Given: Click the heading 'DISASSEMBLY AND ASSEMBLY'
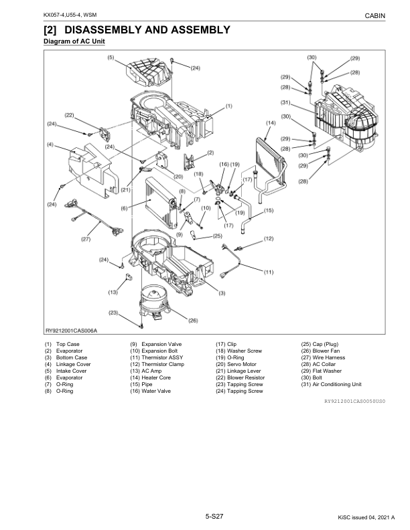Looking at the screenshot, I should pyautogui.click(x=137, y=29).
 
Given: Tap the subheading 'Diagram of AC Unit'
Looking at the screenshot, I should pyautogui.click(x=74, y=42).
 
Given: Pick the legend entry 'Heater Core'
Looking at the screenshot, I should pyautogui.click(x=156, y=377).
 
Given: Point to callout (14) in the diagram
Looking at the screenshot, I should pyautogui.click(x=271, y=123).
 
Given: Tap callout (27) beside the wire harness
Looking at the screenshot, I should pyautogui.click(x=86, y=239).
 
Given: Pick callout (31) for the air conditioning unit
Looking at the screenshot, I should pyautogui.click(x=285, y=102).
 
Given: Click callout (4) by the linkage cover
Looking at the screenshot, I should pyautogui.click(x=50, y=145).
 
